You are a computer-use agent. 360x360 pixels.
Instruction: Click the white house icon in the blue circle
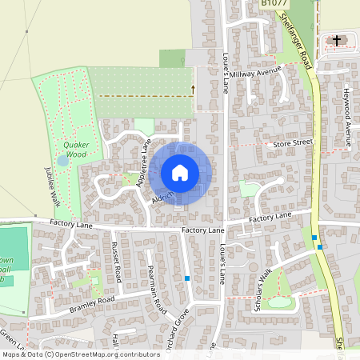(179, 172)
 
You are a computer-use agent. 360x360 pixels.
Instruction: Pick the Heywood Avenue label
(347, 118)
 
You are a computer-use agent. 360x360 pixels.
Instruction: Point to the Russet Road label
(117, 262)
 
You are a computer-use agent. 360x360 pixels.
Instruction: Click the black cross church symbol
(337, 40)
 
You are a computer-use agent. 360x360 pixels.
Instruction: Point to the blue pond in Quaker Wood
(62, 160)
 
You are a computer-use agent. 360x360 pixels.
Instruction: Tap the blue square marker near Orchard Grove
(187, 278)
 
